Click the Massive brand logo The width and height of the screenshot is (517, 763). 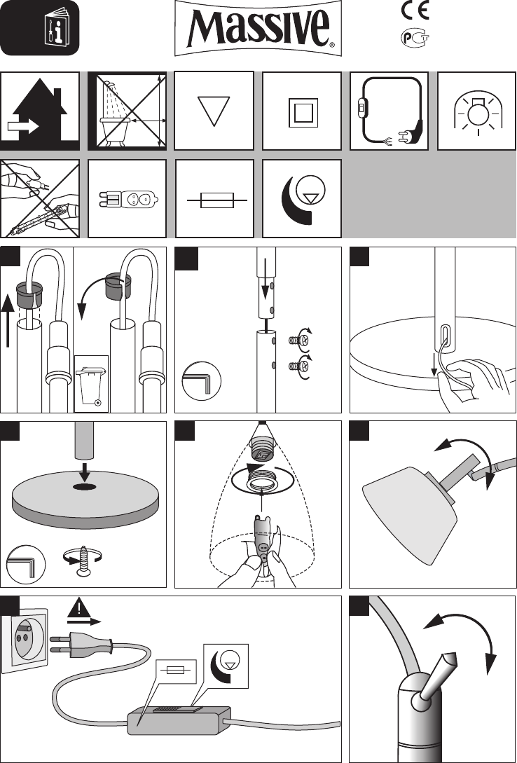tap(258, 28)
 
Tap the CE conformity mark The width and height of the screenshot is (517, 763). tap(415, 11)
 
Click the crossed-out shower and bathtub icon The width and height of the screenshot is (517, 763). tap(127, 111)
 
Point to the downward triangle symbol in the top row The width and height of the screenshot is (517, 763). tap(214, 111)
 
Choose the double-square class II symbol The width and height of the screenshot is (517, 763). tap(303, 112)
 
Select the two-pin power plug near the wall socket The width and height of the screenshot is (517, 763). tap(81, 643)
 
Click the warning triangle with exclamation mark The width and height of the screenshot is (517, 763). tap(78, 607)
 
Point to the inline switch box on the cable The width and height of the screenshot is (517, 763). tap(179, 719)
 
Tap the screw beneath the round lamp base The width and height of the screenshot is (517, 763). tap(85, 561)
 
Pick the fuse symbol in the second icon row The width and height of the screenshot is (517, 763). tap(217, 200)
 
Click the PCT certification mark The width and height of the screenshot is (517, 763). tap(415, 38)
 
